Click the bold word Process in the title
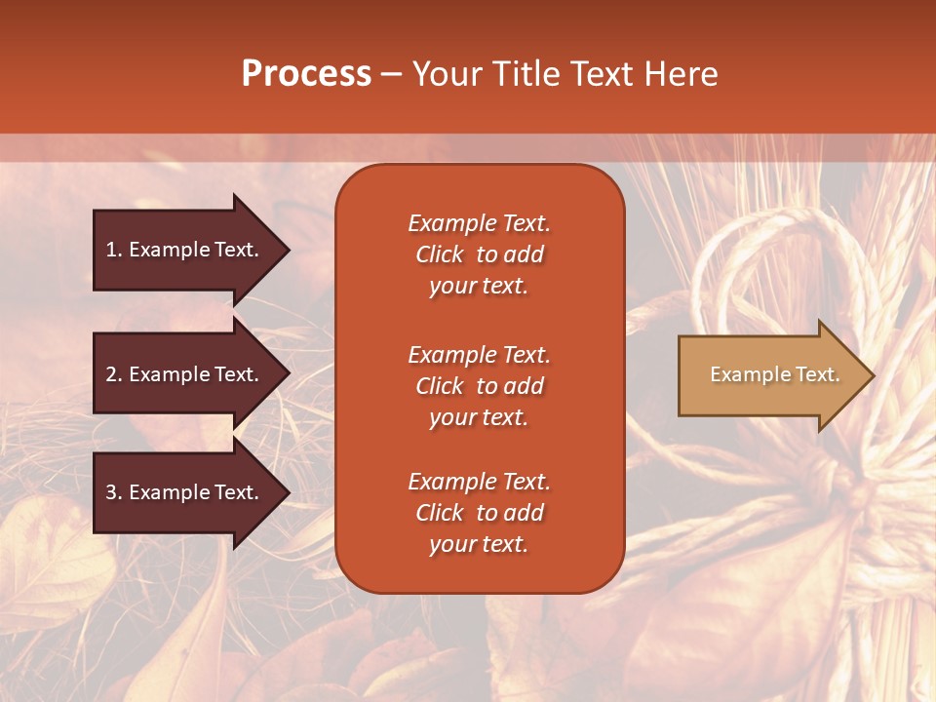click(x=306, y=73)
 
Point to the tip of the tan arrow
click(x=872, y=375)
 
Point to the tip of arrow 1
click(x=288, y=250)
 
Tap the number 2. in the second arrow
click(x=114, y=374)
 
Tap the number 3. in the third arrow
click(x=114, y=492)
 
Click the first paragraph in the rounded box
click(x=479, y=254)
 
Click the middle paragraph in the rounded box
click(x=479, y=386)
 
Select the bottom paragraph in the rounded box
click(x=479, y=513)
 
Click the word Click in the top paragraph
click(x=439, y=254)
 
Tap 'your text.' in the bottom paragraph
click(x=479, y=544)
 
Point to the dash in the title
click(x=391, y=75)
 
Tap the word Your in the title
click(x=446, y=73)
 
